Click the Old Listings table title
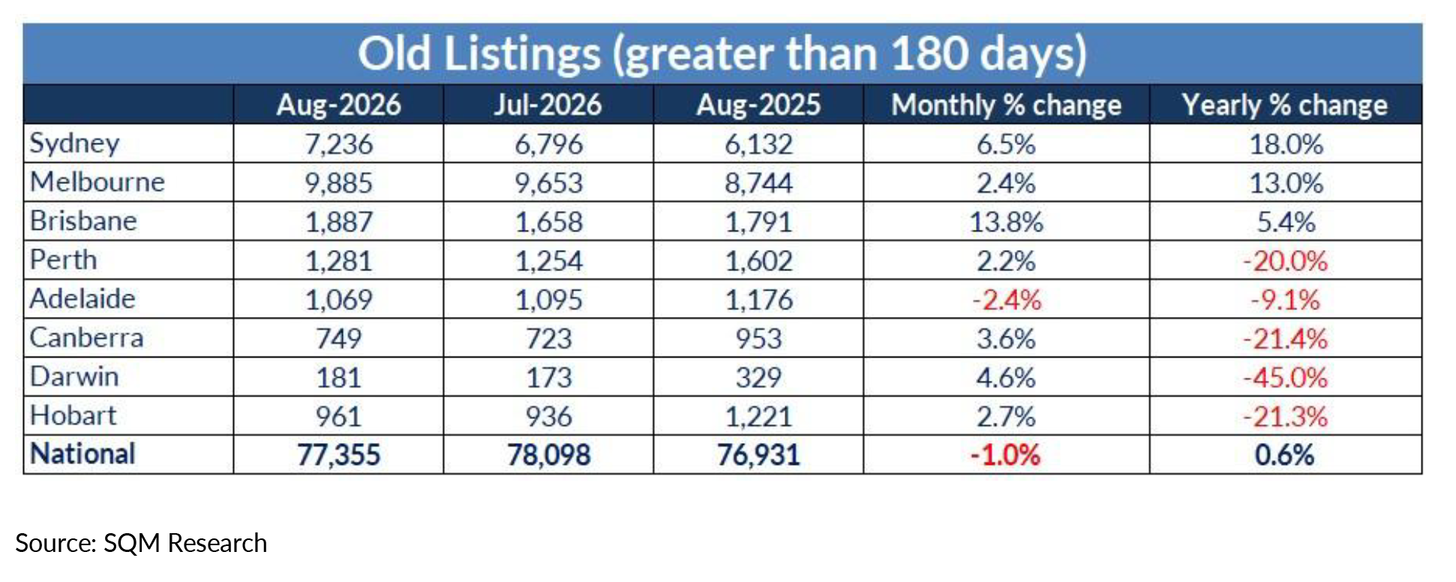tap(722, 54)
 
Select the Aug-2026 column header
tap(338, 105)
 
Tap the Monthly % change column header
tap(1006, 105)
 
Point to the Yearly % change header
tap(1285, 105)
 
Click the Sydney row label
tap(74, 143)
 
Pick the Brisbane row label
tap(83, 221)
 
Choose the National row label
tap(83, 454)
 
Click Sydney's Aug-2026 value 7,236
tap(338, 144)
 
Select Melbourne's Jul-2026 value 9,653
tap(548, 183)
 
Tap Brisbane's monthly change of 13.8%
tap(1006, 222)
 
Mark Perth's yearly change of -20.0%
tap(1285, 261)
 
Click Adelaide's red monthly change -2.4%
tap(1006, 300)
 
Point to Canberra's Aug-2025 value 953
tap(758, 339)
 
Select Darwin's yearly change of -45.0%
tap(1285, 378)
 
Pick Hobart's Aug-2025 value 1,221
tap(758, 417)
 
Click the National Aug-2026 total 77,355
tap(338, 455)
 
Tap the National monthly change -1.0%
tap(1006, 455)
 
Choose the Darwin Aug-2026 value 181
tap(338, 378)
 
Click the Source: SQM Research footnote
tap(141, 543)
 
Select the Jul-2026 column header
tap(548, 105)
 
